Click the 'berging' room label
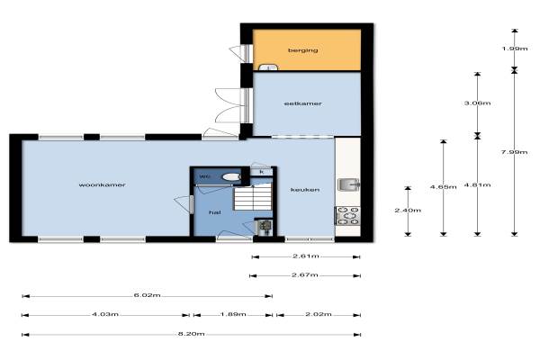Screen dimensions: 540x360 [x=302, y=50]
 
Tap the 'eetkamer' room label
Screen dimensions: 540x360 [x=302, y=103]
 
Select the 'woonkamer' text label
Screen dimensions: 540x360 [x=102, y=185]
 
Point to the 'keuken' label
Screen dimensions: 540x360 [x=305, y=190]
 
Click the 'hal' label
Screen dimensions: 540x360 [x=215, y=212]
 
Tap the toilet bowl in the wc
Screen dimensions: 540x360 [x=231, y=177]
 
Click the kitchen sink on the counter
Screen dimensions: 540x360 [x=348, y=184]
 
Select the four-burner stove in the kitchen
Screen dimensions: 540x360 [x=347, y=216]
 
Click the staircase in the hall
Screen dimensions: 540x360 [x=253, y=197]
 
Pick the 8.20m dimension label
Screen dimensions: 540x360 [x=191, y=334]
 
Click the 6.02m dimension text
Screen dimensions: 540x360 [x=147, y=295]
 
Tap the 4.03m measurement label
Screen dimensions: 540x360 [x=105, y=314]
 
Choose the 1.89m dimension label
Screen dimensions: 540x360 [x=233, y=314]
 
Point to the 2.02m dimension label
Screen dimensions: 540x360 [x=319, y=314]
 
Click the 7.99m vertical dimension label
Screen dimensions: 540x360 [x=514, y=152]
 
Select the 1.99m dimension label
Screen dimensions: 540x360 [x=515, y=49]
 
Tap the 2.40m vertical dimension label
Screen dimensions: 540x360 [x=408, y=210]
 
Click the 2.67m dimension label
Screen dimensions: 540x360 [x=305, y=274]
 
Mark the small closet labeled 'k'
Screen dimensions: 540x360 [x=261, y=172]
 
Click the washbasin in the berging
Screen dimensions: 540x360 [x=268, y=67]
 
